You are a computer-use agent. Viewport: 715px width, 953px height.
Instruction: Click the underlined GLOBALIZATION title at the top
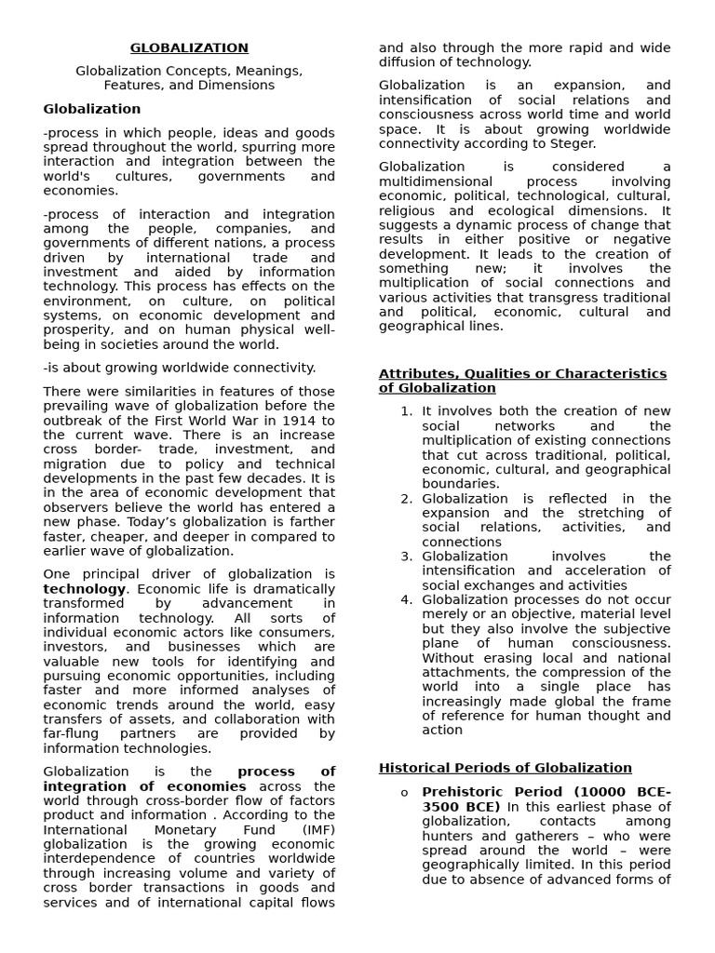point(189,47)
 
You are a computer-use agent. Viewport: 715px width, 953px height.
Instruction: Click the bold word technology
point(84,589)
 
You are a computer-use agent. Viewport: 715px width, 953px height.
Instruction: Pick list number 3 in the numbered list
point(406,557)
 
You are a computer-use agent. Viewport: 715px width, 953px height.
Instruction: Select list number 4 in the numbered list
point(406,599)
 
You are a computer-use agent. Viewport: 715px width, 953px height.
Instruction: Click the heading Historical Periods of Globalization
point(505,768)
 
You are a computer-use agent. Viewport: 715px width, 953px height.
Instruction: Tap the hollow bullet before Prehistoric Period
point(404,793)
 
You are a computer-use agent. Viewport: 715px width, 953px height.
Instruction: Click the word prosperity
point(77,329)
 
